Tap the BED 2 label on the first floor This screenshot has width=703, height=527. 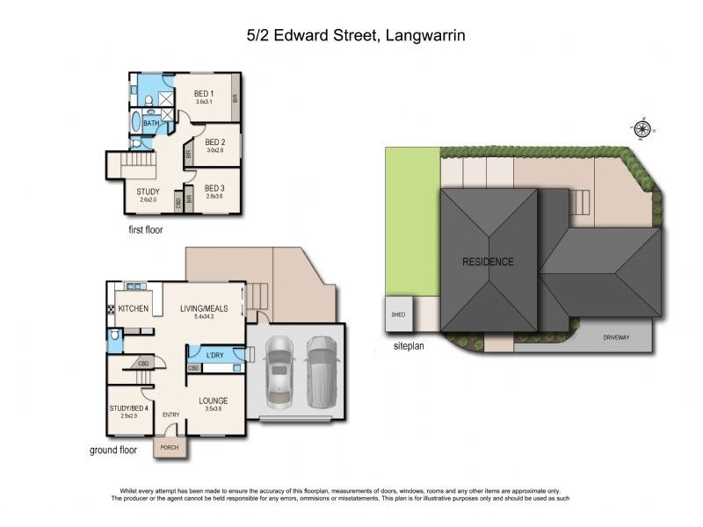(x=215, y=141)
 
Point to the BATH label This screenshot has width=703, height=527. (x=151, y=124)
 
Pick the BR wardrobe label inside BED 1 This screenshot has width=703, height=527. (x=236, y=99)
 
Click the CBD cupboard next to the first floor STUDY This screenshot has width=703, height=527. (x=179, y=202)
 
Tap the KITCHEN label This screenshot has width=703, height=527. (x=134, y=309)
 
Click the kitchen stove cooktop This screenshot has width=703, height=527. (x=112, y=309)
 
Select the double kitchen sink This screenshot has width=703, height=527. (x=135, y=286)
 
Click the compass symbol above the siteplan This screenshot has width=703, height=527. (x=642, y=130)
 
